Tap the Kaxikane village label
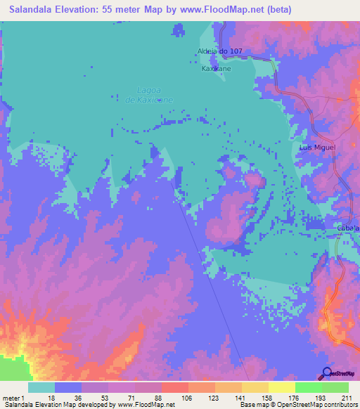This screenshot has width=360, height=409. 217,69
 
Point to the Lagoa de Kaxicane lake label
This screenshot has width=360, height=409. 149,94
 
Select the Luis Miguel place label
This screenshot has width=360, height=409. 318,148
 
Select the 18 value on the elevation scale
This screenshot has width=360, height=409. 52,397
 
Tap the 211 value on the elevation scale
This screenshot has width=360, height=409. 347,397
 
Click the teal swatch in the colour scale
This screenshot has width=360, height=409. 41,387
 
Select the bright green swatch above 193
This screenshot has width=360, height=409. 308,387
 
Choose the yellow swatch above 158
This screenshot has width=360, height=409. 255,387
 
